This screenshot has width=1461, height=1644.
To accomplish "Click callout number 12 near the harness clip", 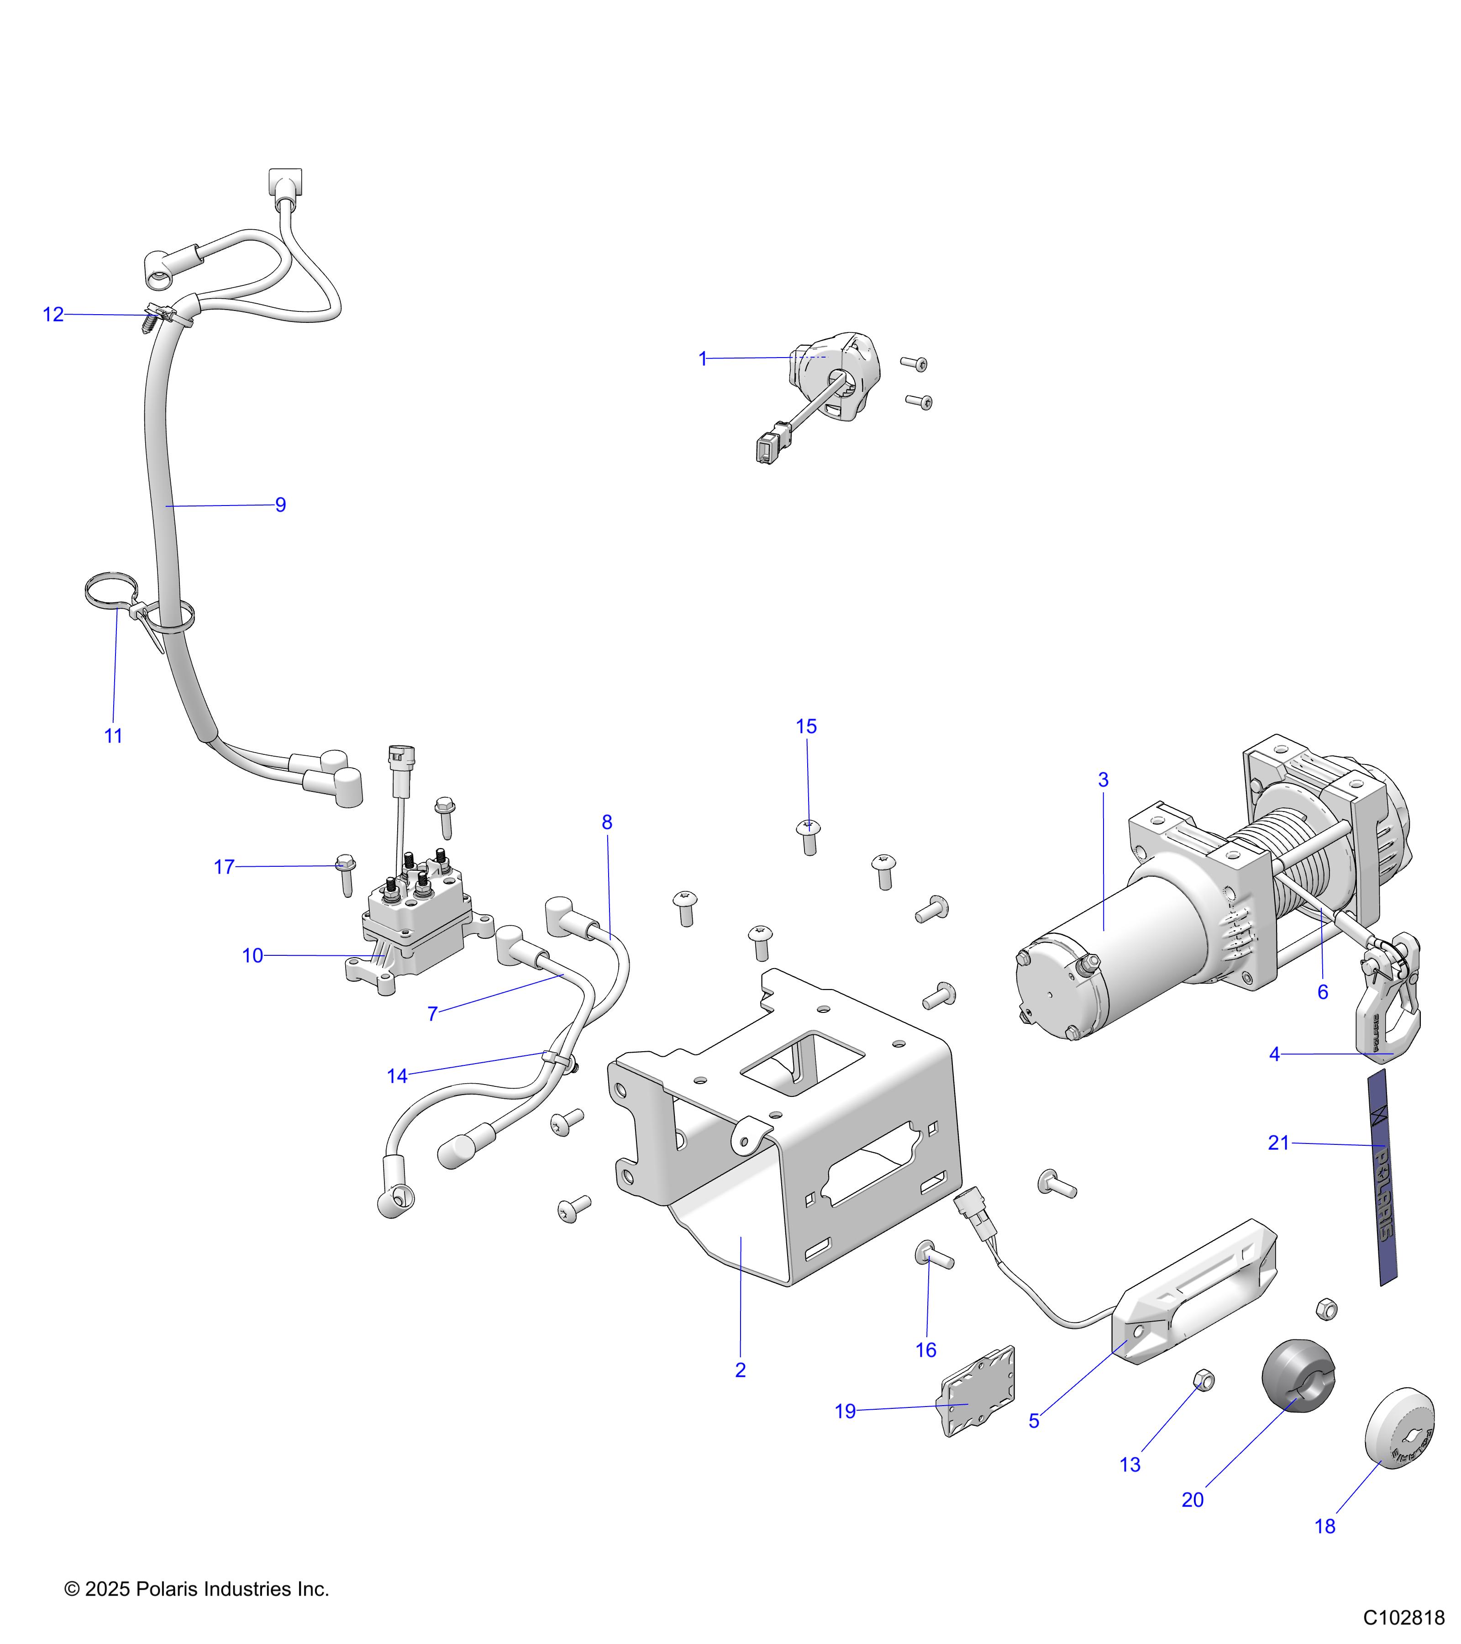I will [x=53, y=315].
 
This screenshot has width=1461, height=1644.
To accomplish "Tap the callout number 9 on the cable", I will [x=281, y=505].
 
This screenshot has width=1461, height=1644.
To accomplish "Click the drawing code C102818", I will [x=1403, y=1618].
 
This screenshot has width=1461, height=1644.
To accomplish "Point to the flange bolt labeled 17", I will [x=346, y=873].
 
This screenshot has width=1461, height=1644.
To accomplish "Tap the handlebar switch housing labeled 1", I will [x=836, y=374].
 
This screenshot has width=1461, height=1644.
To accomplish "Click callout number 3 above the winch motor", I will [x=1103, y=780].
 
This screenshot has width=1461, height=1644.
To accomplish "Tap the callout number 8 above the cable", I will [x=607, y=822].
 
